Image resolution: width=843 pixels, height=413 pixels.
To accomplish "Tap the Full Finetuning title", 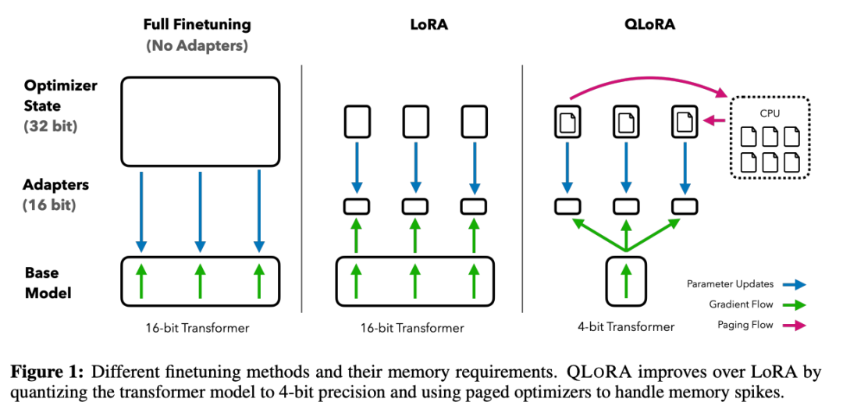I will click(x=197, y=24).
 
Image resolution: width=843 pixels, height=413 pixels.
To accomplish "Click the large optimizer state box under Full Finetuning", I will click(x=200, y=121).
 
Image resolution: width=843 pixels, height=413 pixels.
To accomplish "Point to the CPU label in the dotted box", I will click(x=769, y=113).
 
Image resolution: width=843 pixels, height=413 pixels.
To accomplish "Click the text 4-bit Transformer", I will click(x=624, y=327).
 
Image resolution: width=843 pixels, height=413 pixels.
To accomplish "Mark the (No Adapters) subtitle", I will click(x=197, y=45).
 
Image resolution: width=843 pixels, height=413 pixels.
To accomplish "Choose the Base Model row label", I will click(x=48, y=283).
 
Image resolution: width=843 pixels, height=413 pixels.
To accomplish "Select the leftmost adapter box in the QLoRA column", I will click(x=567, y=207).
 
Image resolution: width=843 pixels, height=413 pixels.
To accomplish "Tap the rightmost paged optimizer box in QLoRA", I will click(x=684, y=121).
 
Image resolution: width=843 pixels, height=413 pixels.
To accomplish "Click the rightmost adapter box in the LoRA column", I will click(x=475, y=207).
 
